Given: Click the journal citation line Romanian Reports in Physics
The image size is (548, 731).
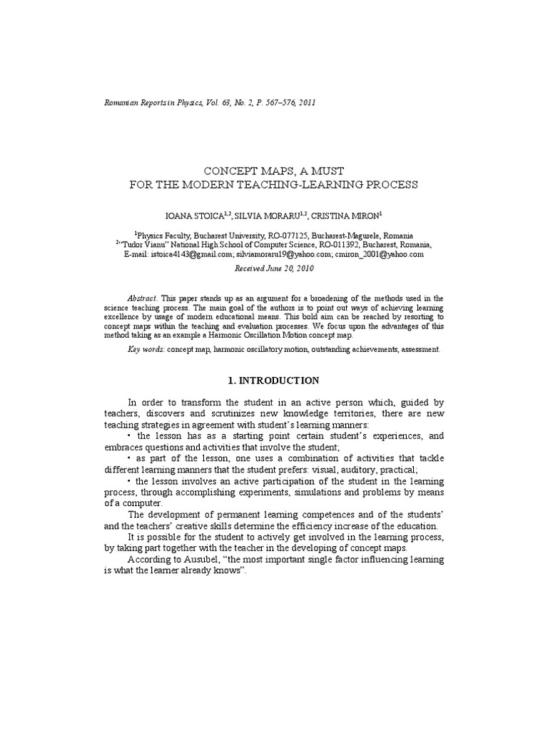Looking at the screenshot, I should point(210,103).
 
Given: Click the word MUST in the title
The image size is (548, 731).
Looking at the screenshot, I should point(327,171).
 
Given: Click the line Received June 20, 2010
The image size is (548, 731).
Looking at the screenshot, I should point(273,269).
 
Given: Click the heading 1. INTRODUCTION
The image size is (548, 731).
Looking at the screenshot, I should point(274,381).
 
